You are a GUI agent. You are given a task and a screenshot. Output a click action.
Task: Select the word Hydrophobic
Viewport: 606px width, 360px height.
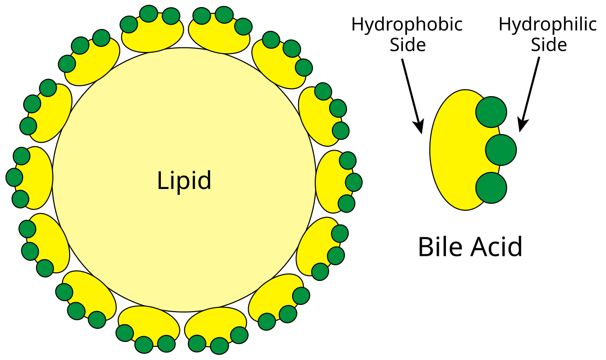pyautogui.click(x=407, y=25)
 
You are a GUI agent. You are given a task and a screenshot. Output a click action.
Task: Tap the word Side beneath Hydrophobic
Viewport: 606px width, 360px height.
pyautogui.click(x=408, y=45)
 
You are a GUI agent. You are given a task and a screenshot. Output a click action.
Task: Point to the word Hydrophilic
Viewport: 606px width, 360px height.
pyautogui.click(x=548, y=25)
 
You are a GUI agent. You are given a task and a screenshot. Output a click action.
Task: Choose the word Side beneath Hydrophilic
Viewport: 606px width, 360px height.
pyautogui.click(x=549, y=45)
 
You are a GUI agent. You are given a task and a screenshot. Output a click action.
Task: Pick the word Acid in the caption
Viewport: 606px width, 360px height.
pyautogui.click(x=497, y=247)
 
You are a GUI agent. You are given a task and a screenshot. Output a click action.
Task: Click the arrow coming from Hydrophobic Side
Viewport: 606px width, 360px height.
pyautogui.click(x=412, y=96)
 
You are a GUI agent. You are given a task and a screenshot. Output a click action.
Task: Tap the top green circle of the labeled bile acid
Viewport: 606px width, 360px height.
pyautogui.click(x=491, y=112)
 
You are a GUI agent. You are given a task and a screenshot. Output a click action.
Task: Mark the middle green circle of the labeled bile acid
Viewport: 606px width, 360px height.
pyautogui.click(x=501, y=150)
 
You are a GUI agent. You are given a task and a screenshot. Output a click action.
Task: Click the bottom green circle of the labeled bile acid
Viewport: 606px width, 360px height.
pyautogui.click(x=491, y=188)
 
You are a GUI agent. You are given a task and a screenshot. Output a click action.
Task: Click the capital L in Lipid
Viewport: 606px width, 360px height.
pyautogui.click(x=163, y=180)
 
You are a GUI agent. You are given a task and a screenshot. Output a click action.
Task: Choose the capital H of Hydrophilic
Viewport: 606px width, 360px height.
pyautogui.click(x=505, y=25)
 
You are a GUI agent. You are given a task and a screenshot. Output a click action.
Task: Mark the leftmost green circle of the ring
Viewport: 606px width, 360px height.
pyautogui.click(x=14, y=177)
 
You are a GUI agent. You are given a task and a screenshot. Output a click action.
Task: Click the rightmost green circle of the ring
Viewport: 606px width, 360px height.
pyautogui.click(x=354, y=182)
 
